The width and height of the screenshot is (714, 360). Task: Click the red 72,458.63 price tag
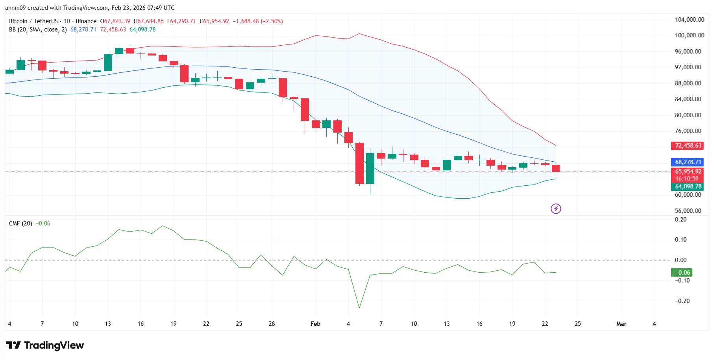[688, 146]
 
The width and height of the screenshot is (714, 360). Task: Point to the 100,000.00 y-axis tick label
[689, 35]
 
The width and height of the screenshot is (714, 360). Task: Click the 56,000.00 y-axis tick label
[688, 210]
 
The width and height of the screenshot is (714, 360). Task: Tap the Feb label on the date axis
[315, 324]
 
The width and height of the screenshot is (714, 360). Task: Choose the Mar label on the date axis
[621, 324]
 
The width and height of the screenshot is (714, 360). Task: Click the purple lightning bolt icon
[556, 209]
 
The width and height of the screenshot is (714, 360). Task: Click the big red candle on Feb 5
[359, 163]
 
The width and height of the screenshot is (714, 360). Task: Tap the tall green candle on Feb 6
[370, 168]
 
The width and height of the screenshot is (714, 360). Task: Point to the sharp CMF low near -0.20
[359, 307]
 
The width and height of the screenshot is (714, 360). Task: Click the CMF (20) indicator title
[20, 223]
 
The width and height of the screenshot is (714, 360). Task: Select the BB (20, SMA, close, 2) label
[38, 30]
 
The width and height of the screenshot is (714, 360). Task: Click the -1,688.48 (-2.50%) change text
[257, 21]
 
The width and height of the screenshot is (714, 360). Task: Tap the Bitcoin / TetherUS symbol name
[33, 21]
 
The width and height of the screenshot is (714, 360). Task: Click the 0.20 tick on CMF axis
[681, 220]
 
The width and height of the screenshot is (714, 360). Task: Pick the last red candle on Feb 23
[556, 168]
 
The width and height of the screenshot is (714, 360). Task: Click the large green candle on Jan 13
[108, 62]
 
